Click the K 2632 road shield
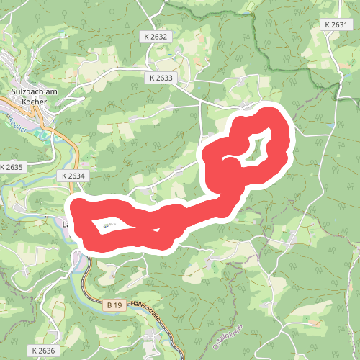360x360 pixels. [x=155, y=36]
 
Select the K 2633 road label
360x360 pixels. [x=163, y=77]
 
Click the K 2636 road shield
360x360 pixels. [x=43, y=350]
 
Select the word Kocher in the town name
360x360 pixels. [x=35, y=102]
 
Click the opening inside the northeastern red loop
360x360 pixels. [x=258, y=147]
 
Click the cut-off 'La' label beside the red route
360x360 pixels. [x=66, y=224]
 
